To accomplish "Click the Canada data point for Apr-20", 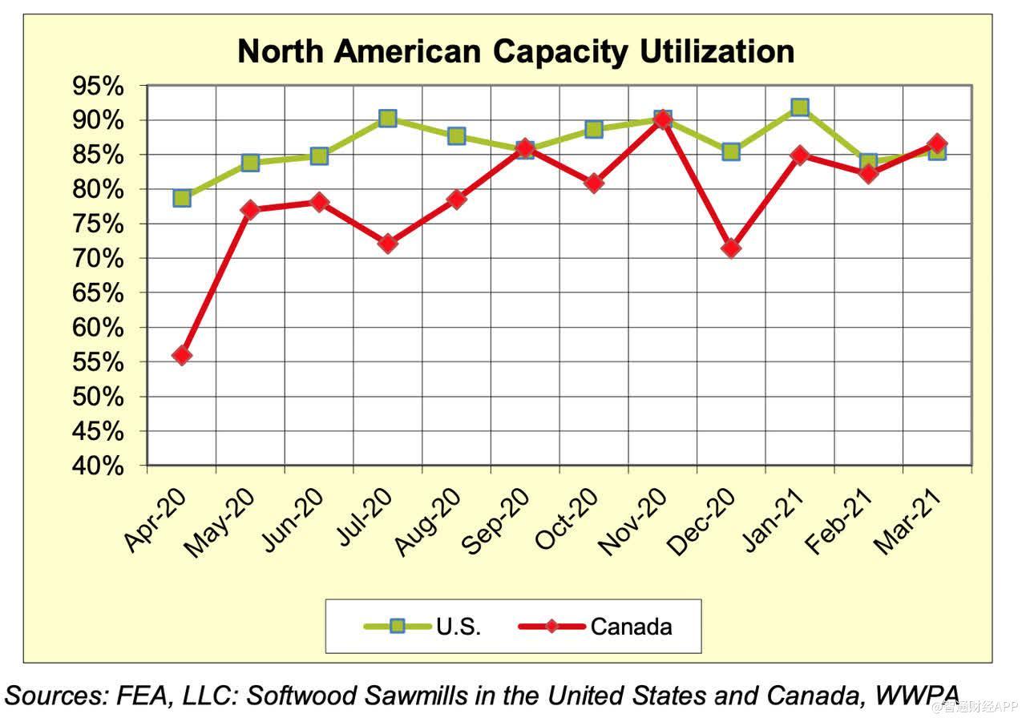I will [x=182, y=355].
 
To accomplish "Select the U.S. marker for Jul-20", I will [x=388, y=119].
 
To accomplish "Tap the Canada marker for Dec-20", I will [x=731, y=248].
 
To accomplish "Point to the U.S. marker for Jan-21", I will [x=799, y=107].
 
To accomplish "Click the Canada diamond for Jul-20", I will [x=388, y=244].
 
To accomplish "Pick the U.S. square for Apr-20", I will [x=182, y=198].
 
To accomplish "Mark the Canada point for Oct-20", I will [x=594, y=183].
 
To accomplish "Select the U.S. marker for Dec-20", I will [x=731, y=151].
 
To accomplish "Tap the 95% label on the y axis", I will [x=99, y=87].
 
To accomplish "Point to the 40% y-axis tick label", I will [x=99, y=466].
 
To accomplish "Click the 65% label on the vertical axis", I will [x=99, y=293].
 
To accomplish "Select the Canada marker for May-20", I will [x=251, y=210].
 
